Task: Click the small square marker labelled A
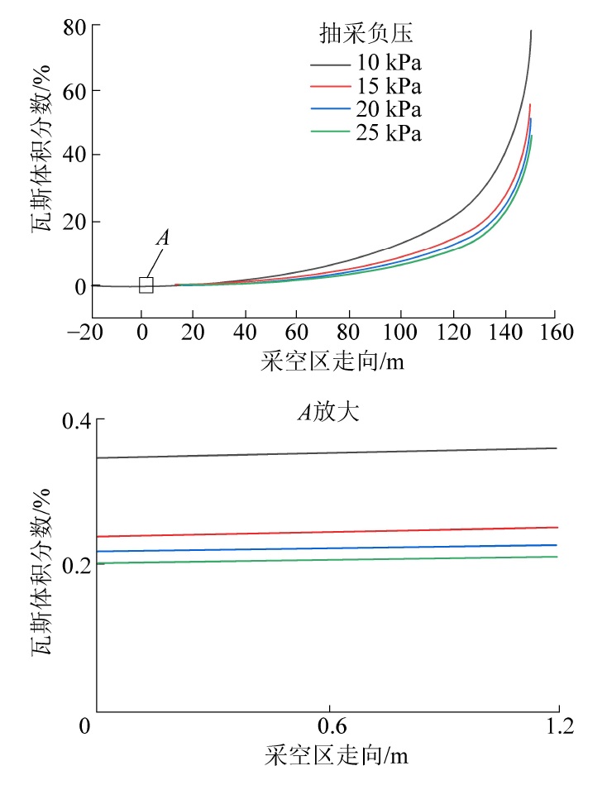click(x=146, y=285)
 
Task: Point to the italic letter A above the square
click(x=163, y=238)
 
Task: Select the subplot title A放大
click(x=328, y=411)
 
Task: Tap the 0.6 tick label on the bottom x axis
click(x=329, y=728)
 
